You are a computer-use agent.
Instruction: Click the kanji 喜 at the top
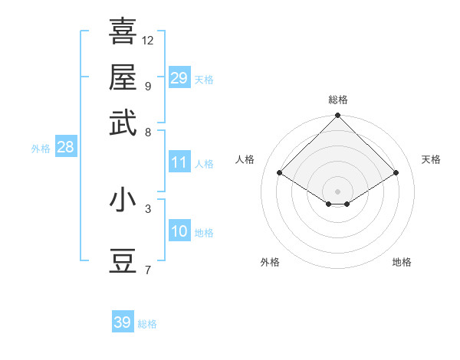coord(123,31)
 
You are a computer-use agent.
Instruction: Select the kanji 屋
coord(123,77)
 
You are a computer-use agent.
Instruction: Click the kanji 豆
coord(123,261)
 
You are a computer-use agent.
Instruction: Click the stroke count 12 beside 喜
coord(148,40)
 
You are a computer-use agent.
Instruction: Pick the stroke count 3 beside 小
coord(148,208)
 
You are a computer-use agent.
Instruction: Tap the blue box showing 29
coord(179,78)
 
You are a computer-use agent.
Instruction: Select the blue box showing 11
coord(179,162)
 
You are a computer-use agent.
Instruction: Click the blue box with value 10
coord(179,231)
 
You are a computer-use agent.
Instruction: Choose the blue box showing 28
coord(65,148)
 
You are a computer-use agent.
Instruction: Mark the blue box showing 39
coord(123,322)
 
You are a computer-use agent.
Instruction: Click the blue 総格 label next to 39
coord(147,324)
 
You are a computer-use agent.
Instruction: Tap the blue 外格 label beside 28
coord(41,149)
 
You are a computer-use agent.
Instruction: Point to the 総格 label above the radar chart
coord(337,100)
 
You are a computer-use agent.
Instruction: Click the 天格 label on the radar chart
coord(431,159)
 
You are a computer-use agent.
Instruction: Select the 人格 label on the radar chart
coord(245,159)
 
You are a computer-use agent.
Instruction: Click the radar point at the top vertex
coord(337,116)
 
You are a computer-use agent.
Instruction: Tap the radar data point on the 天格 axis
coord(396,173)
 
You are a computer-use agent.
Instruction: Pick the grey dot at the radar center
coord(337,191)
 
